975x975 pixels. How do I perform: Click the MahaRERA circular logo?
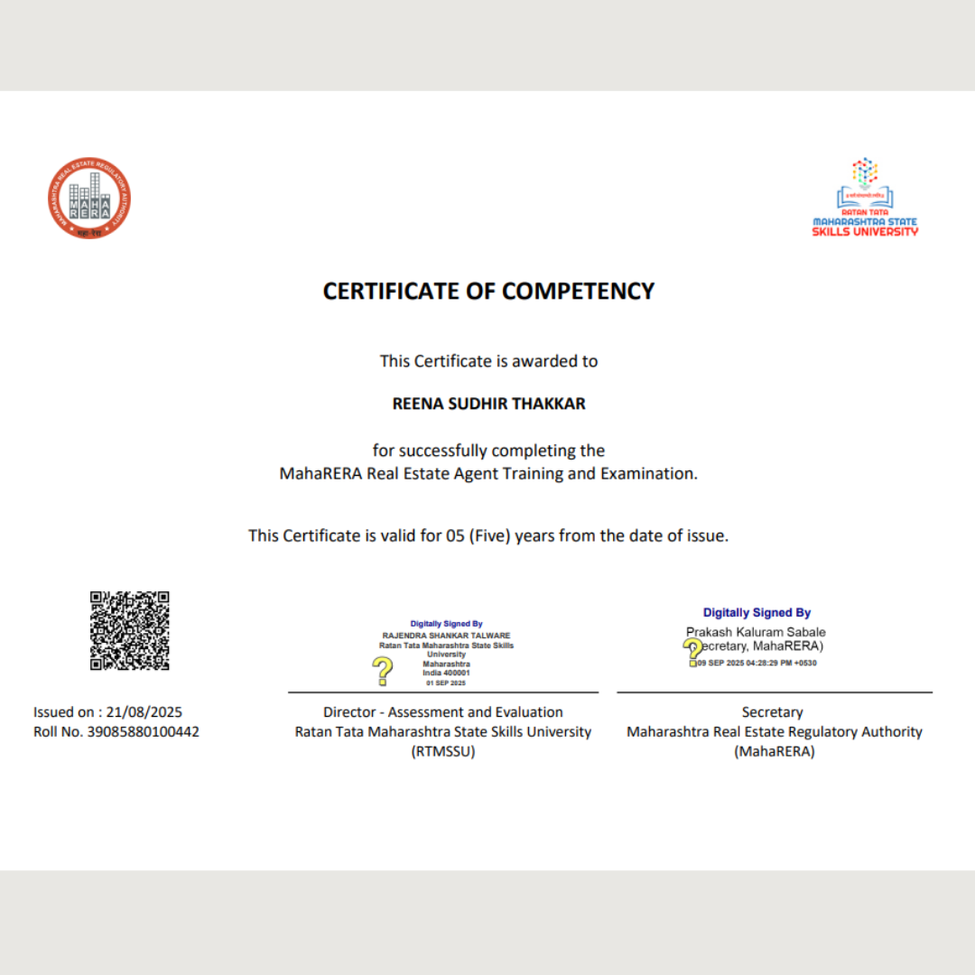(x=89, y=199)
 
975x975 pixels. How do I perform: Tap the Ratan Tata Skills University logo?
(x=865, y=198)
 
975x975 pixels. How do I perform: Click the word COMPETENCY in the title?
(x=578, y=291)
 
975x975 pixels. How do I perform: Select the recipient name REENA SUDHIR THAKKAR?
(x=488, y=404)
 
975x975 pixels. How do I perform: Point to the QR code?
(x=129, y=630)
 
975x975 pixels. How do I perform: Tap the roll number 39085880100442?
(x=143, y=731)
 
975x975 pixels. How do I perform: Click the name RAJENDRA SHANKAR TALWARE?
(x=446, y=636)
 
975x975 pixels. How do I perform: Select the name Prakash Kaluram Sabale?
(x=756, y=632)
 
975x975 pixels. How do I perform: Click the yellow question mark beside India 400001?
(x=383, y=671)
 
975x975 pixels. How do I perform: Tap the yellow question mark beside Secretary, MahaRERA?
(x=692, y=650)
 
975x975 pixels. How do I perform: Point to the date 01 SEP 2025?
(x=446, y=682)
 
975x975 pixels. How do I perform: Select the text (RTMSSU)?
(x=442, y=751)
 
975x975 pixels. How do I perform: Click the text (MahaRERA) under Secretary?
(x=775, y=751)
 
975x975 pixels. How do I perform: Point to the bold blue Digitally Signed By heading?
(x=757, y=613)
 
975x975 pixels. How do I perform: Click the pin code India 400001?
(x=446, y=673)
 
